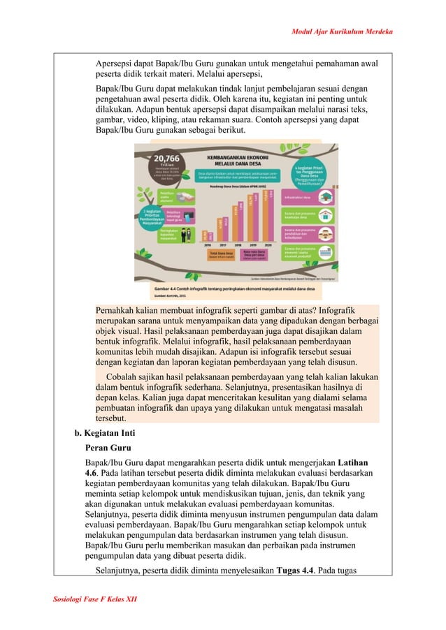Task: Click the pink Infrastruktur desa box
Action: coord(298,198)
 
